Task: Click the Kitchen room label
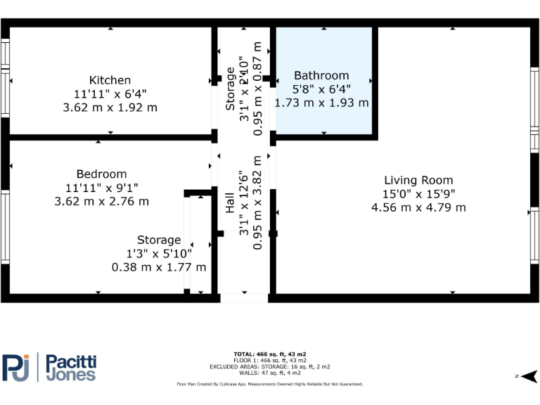pos(110,80)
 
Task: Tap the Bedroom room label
pos(101,174)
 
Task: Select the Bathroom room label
pos(321,75)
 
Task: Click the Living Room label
pos(418,180)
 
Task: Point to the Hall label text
pos(230,204)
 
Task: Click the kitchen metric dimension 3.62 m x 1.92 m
pos(110,108)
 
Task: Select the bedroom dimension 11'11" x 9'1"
pos(101,188)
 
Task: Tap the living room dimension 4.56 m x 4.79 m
pos(418,207)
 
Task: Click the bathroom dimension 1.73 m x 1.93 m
pos(321,103)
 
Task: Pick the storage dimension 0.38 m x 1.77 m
pos(159,267)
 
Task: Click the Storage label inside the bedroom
pos(159,240)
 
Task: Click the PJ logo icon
pos(16,367)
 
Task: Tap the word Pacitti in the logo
pos(71,361)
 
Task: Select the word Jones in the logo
pos(70,375)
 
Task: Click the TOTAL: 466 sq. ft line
pos(269,354)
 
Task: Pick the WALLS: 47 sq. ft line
pos(269,373)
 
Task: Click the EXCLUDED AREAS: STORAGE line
pos(269,366)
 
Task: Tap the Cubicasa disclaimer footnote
pos(269,385)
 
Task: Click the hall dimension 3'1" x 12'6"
pos(244,204)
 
